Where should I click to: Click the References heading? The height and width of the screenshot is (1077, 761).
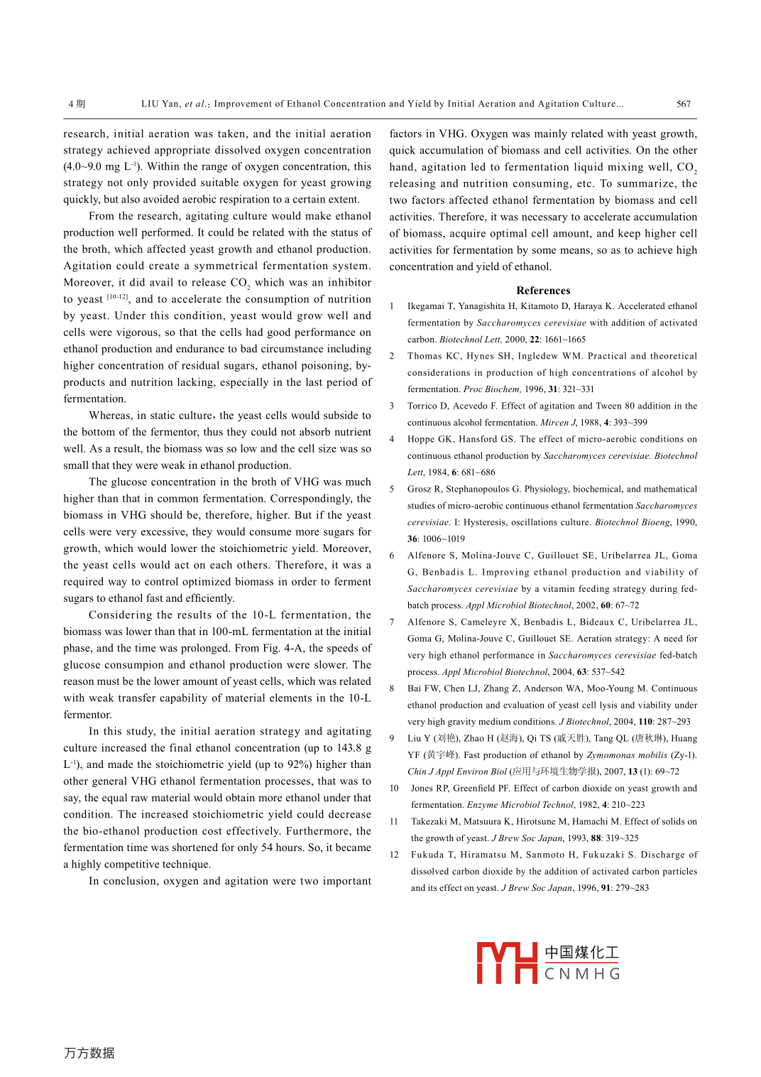543,291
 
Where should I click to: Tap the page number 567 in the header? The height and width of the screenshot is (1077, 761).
683,104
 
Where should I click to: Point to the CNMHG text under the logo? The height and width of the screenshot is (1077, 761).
582,974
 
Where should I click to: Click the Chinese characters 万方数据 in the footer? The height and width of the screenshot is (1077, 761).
89,1053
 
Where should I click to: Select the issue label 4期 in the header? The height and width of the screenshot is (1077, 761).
77,104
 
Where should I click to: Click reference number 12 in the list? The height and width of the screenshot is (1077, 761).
394,855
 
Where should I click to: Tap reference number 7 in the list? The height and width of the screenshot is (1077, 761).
392,622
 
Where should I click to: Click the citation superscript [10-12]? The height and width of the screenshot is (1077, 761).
117,297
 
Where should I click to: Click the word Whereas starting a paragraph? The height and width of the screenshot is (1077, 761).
110,416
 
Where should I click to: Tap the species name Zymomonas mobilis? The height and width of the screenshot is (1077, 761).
627,755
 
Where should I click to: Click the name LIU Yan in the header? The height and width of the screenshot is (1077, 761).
160,104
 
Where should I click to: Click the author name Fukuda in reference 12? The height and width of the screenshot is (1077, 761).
427,855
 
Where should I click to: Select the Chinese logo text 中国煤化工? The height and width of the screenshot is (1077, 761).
582,953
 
